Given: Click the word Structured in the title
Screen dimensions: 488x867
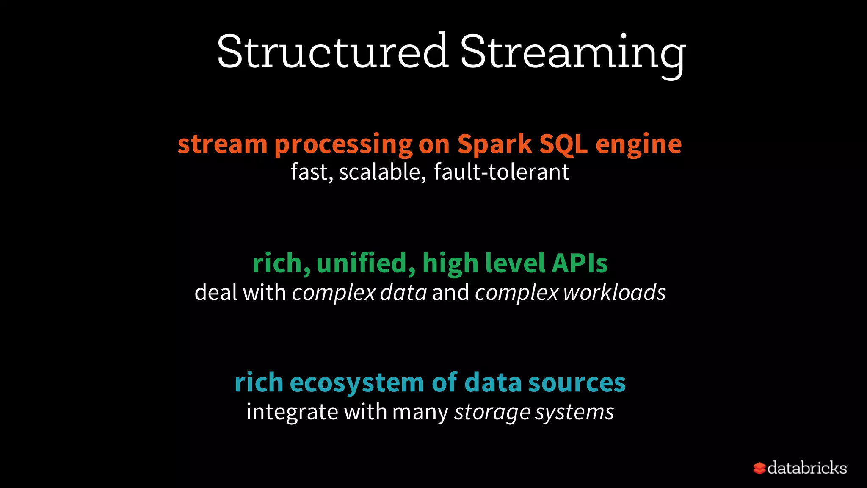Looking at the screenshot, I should pos(332,52).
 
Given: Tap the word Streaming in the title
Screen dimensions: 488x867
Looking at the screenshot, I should pos(573,53).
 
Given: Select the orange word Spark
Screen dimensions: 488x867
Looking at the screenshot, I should pos(494,144).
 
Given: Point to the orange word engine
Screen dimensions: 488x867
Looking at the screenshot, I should pos(638,145).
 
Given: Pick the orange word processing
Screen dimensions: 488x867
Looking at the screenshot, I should pos(343,145).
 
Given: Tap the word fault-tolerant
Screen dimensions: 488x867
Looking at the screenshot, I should pos(502,172).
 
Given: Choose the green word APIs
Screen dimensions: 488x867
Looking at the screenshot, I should pos(580,263).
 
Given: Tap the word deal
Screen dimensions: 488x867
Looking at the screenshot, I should pos(215,293).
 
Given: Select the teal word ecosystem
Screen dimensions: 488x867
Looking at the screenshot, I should pos(357,383).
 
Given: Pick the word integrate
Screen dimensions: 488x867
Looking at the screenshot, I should pos(292,412).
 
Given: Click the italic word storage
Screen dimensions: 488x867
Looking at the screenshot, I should pos(492,412).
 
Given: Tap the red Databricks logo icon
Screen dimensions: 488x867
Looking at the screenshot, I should pos(759,468).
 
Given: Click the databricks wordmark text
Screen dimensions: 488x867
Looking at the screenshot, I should pos(807,468).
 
